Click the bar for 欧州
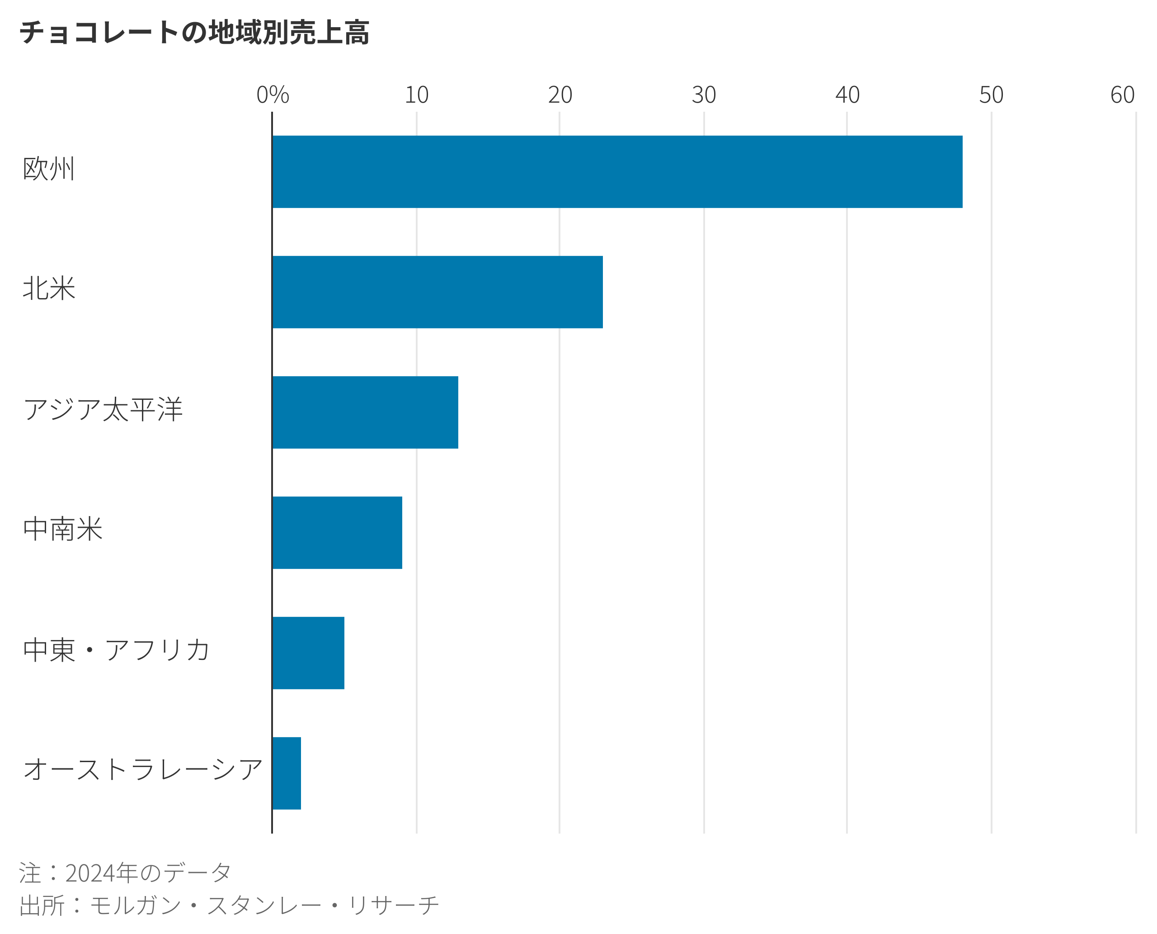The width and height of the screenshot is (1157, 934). point(617,171)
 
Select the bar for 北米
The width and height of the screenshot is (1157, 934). point(437,292)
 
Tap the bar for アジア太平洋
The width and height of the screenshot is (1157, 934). point(366,412)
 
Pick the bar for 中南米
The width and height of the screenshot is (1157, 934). point(337,533)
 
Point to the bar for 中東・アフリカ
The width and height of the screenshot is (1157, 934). point(309,653)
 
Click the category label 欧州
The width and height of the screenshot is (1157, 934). point(49,169)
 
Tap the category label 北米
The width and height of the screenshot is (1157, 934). point(49,289)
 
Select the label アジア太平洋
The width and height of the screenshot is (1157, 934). point(103,409)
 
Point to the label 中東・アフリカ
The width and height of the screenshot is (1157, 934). point(116,650)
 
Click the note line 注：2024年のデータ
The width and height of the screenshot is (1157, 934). point(125,872)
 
